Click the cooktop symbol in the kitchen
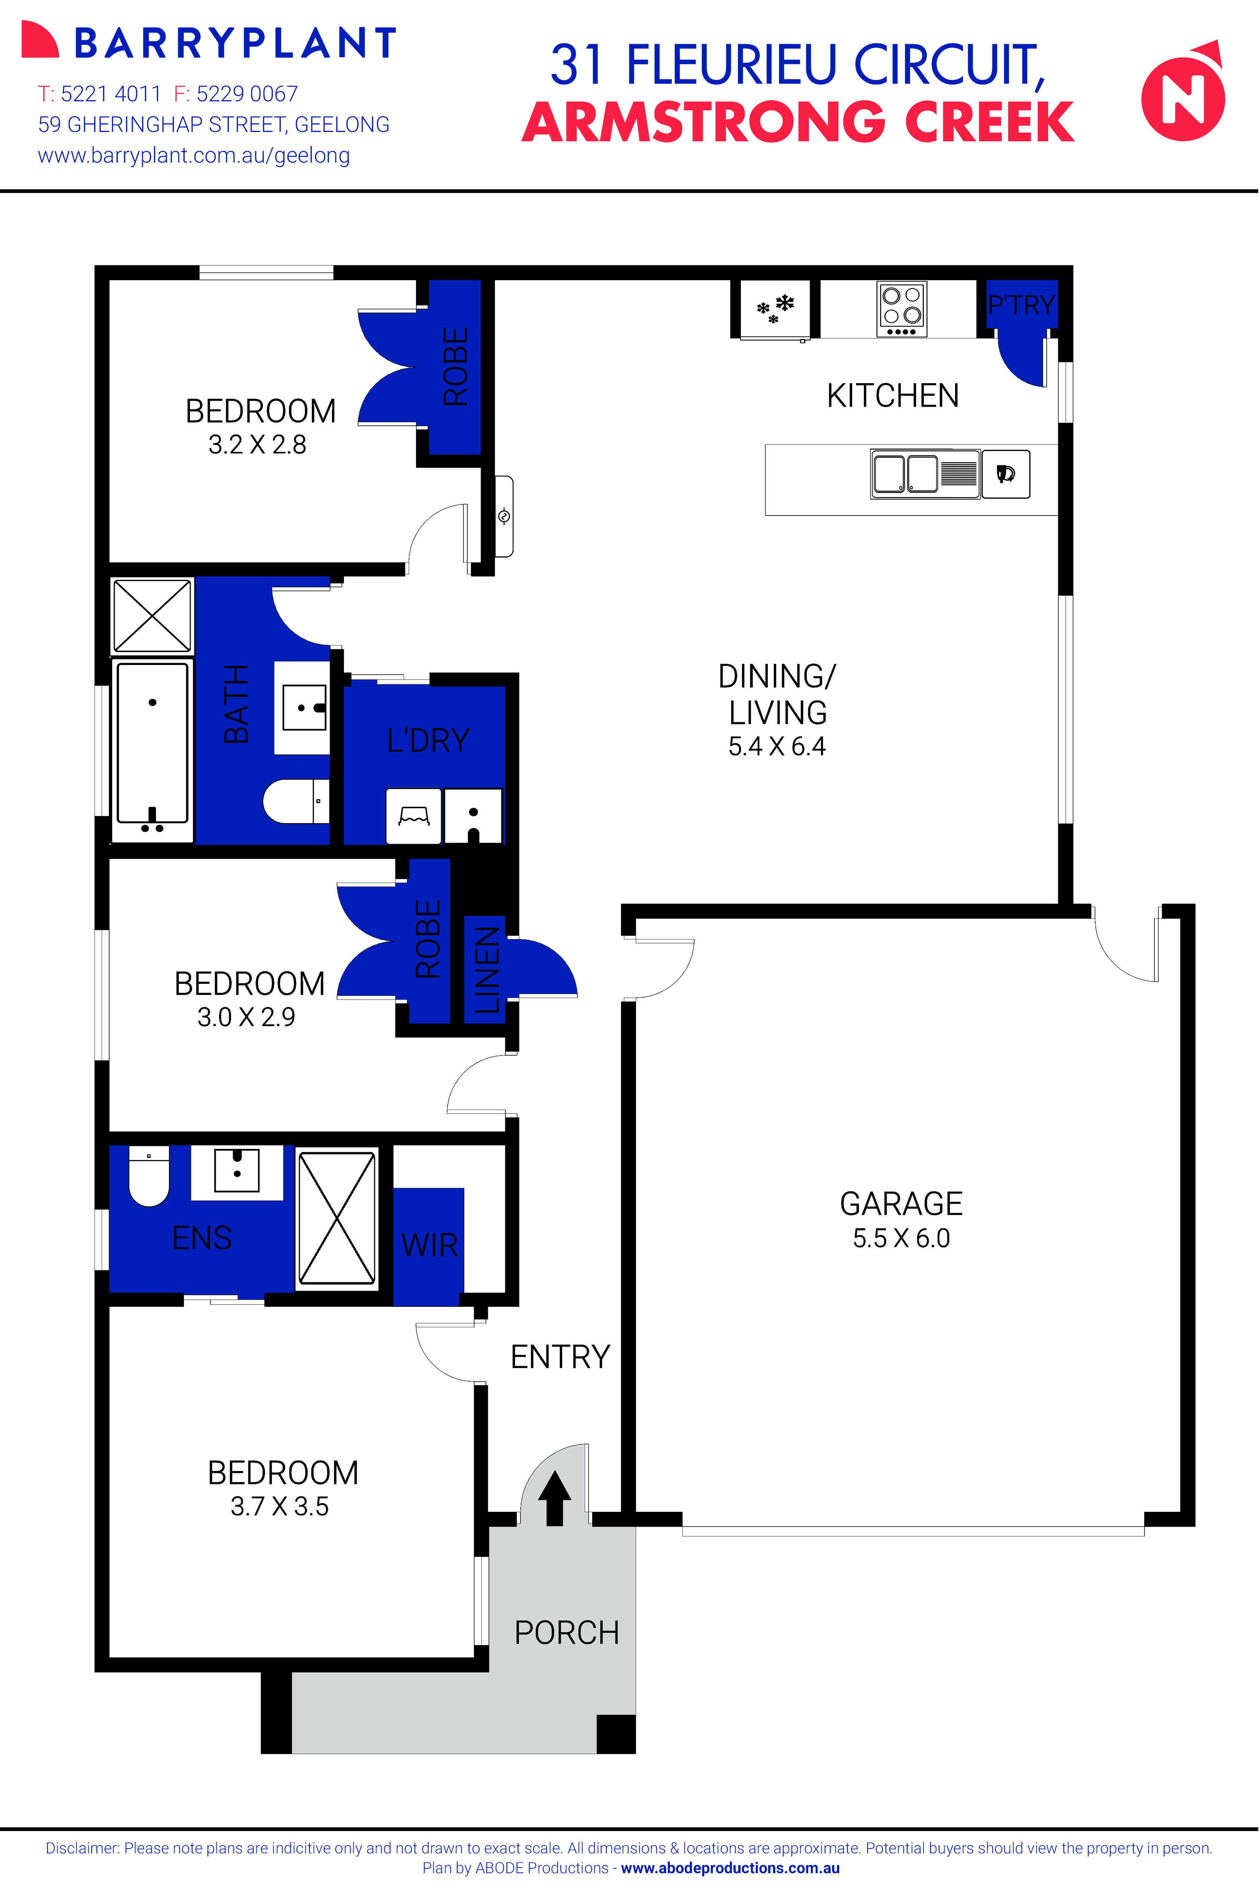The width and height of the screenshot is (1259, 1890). [x=902, y=308]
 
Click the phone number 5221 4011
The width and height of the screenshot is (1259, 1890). [x=111, y=94]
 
